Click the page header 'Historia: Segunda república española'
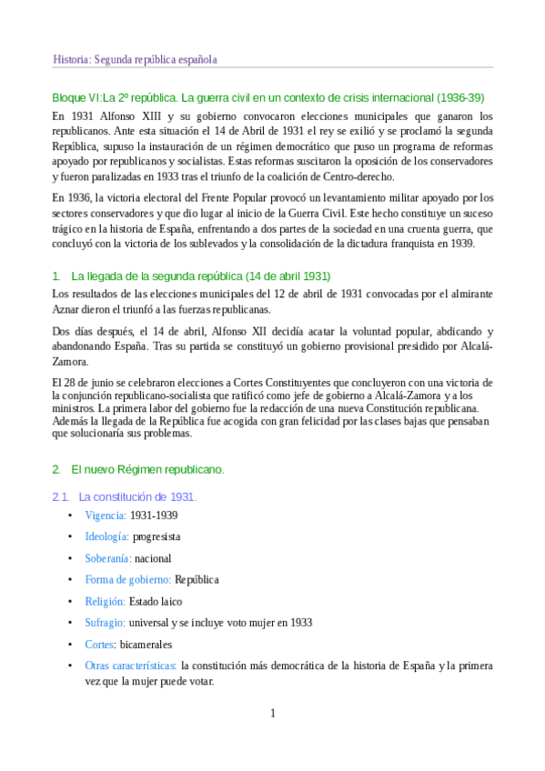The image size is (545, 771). click(135, 60)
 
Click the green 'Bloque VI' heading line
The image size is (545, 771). click(268, 96)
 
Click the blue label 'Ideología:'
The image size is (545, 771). click(106, 536)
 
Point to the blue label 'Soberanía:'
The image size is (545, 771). click(108, 558)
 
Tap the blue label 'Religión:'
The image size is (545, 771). click(105, 601)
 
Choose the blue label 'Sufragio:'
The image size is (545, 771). click(105, 623)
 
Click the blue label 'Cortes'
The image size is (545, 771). click(99, 644)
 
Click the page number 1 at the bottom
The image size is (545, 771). click(272, 713)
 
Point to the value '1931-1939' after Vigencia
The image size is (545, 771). click(154, 516)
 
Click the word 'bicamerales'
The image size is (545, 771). click(144, 644)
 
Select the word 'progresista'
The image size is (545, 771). click(156, 536)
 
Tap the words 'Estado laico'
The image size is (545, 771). click(155, 601)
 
